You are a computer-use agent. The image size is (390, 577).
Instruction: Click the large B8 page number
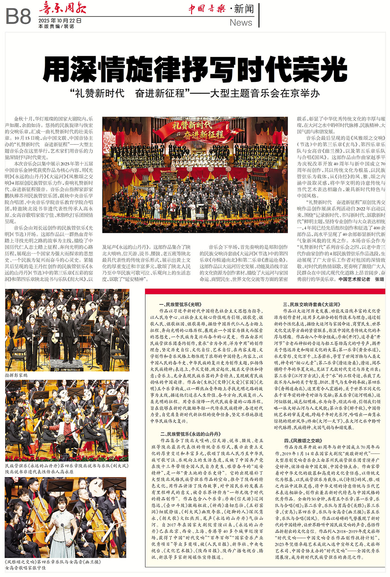click(18, 17)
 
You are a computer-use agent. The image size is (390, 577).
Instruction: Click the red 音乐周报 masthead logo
click(62, 7)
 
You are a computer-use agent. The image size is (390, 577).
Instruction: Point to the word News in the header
click(241, 23)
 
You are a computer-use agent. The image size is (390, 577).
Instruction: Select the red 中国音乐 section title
click(207, 9)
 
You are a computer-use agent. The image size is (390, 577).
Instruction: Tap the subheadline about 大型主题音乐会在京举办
click(195, 94)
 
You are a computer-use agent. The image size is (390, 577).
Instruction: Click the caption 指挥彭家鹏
click(16, 375)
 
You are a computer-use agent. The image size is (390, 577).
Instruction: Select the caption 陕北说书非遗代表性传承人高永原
click(39, 472)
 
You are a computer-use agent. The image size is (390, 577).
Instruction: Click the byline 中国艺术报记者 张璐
click(361, 279)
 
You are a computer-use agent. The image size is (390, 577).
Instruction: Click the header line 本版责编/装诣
click(56, 26)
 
